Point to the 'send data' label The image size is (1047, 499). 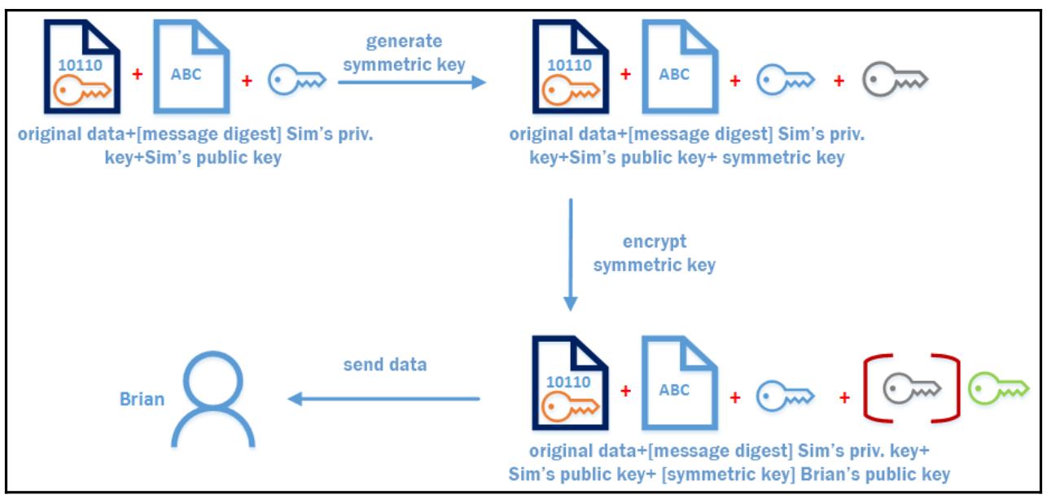tap(384, 365)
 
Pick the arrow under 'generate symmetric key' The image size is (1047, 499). tap(411, 81)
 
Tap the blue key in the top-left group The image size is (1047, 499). tap(296, 80)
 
